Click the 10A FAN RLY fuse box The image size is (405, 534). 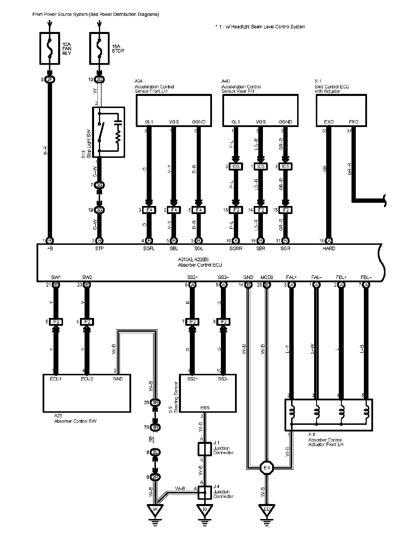point(50,48)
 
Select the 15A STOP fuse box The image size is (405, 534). point(99,48)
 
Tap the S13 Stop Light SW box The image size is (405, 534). point(108,132)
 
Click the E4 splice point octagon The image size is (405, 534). point(267,467)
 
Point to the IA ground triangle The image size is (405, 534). point(155,510)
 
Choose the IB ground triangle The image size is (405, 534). point(205,510)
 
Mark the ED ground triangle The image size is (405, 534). point(267,510)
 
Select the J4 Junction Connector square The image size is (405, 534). point(205,493)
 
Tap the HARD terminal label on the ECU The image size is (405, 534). point(329,249)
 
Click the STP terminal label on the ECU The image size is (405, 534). point(99,249)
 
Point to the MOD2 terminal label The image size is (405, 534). point(267,277)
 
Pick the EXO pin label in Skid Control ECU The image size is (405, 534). point(329,122)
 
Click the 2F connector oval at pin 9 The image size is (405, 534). point(50,80)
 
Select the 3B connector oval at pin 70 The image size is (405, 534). point(155,427)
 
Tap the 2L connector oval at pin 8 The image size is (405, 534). point(155,452)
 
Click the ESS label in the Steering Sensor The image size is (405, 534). point(205,408)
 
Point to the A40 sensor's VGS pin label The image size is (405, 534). point(261,122)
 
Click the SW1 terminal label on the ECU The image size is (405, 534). point(56,277)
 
